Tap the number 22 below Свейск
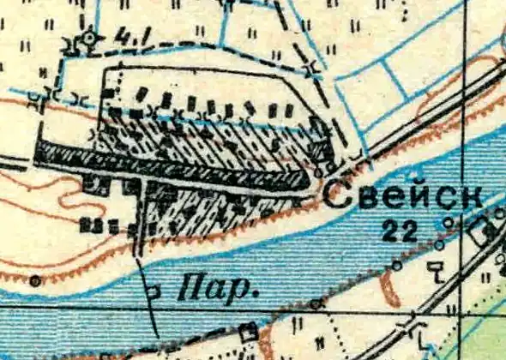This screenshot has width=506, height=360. [x=401, y=229]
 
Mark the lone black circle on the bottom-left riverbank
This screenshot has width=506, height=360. [x=34, y=279]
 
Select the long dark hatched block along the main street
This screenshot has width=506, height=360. [x=172, y=166]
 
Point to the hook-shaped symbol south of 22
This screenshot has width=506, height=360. [x=438, y=273]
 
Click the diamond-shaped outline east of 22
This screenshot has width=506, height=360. [x=479, y=230]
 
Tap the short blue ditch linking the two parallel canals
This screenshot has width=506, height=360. [x=395, y=79]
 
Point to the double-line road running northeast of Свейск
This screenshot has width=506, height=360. [x=429, y=111]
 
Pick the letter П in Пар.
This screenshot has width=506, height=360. [x=185, y=289]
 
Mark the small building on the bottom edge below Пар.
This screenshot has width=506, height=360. [x=250, y=330]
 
